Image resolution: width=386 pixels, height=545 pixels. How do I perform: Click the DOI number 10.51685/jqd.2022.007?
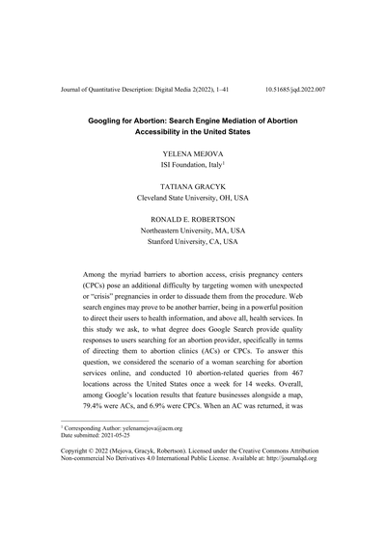coord(294,89)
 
